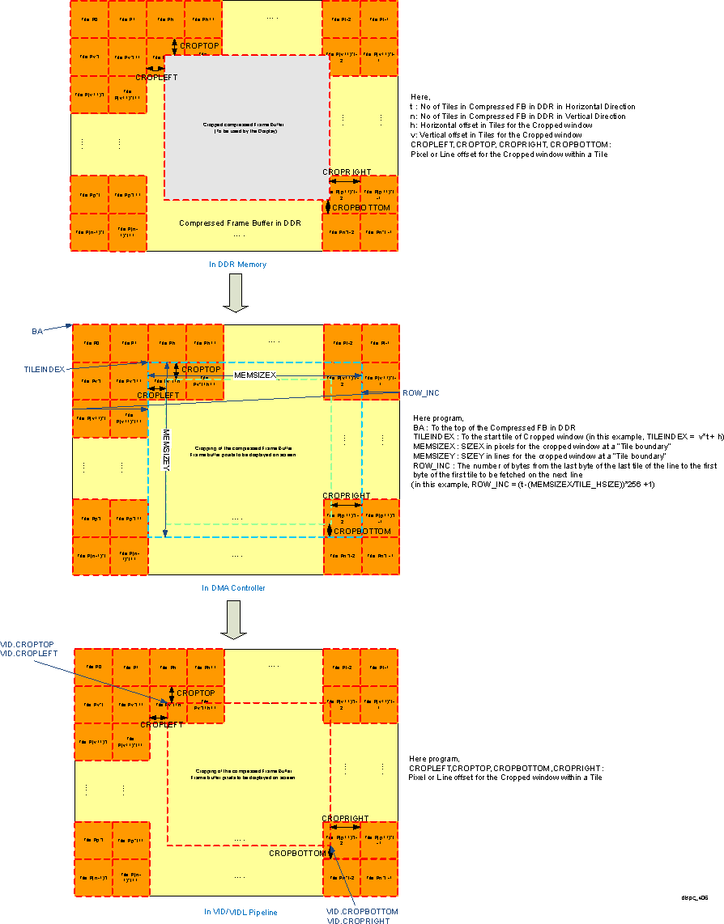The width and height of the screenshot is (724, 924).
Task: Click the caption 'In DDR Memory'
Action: [x=238, y=265]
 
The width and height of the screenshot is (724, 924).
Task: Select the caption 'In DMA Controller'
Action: [x=233, y=588]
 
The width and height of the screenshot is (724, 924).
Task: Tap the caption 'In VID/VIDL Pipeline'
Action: [x=240, y=912]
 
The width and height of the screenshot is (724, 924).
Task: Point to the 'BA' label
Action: [x=37, y=332]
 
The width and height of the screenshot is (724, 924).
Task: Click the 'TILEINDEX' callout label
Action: [x=44, y=369]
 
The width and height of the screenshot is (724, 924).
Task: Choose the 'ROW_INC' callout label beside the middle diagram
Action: [x=420, y=392]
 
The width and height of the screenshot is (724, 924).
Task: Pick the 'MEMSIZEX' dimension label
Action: [x=256, y=375]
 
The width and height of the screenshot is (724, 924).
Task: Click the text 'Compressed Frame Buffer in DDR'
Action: [x=240, y=223]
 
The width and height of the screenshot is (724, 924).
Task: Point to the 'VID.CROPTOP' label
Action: [x=27, y=644]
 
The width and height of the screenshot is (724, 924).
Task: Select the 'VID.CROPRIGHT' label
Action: [x=357, y=921]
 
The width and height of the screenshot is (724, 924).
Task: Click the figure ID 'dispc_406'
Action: [x=694, y=897]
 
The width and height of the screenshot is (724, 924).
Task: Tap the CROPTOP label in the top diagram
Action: [x=198, y=46]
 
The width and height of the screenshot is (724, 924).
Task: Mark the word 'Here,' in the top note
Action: [x=420, y=96]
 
